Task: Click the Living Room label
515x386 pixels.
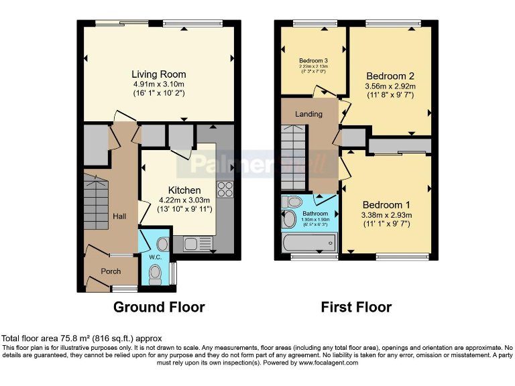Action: [158, 74]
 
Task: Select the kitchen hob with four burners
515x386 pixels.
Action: [225, 190]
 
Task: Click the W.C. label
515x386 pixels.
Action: [155, 257]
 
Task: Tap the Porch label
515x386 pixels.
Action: [111, 271]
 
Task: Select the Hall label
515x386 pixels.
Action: [119, 216]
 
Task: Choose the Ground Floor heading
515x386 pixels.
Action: [159, 307]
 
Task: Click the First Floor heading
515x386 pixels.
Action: [356, 307]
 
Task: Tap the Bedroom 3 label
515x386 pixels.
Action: [312, 60]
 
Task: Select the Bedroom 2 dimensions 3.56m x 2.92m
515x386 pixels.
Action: [390, 86]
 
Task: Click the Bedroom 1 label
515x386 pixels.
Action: [386, 204]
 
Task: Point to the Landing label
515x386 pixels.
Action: [308, 114]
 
